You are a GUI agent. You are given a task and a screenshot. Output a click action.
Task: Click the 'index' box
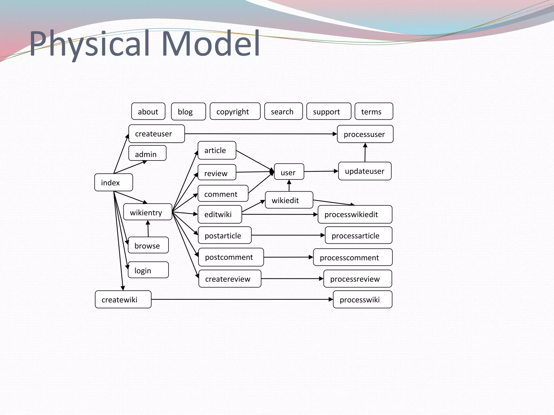114,183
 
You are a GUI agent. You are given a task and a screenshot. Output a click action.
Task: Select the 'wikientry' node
148,212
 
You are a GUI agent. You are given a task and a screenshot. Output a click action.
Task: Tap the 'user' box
289,172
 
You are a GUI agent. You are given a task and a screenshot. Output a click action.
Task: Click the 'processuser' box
365,134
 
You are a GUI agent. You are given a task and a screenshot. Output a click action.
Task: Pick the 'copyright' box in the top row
235,111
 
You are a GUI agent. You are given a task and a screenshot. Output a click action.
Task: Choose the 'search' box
283,111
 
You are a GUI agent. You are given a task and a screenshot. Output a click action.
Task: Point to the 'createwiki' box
123,299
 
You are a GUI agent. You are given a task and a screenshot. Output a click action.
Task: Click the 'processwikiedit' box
355,214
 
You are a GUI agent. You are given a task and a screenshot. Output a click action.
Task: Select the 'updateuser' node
365,171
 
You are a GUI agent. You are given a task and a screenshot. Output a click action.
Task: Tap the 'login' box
148,270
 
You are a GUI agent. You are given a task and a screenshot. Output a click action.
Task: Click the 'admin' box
147,153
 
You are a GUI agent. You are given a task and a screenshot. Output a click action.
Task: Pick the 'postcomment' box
231,257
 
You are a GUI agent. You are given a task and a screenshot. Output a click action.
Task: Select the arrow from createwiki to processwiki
242,299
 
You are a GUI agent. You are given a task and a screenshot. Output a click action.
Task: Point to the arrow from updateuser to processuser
365,152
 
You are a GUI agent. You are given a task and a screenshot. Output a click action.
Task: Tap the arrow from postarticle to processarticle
288,235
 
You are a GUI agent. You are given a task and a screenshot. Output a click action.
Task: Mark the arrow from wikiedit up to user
289,186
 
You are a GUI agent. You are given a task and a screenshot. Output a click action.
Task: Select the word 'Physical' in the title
90,44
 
